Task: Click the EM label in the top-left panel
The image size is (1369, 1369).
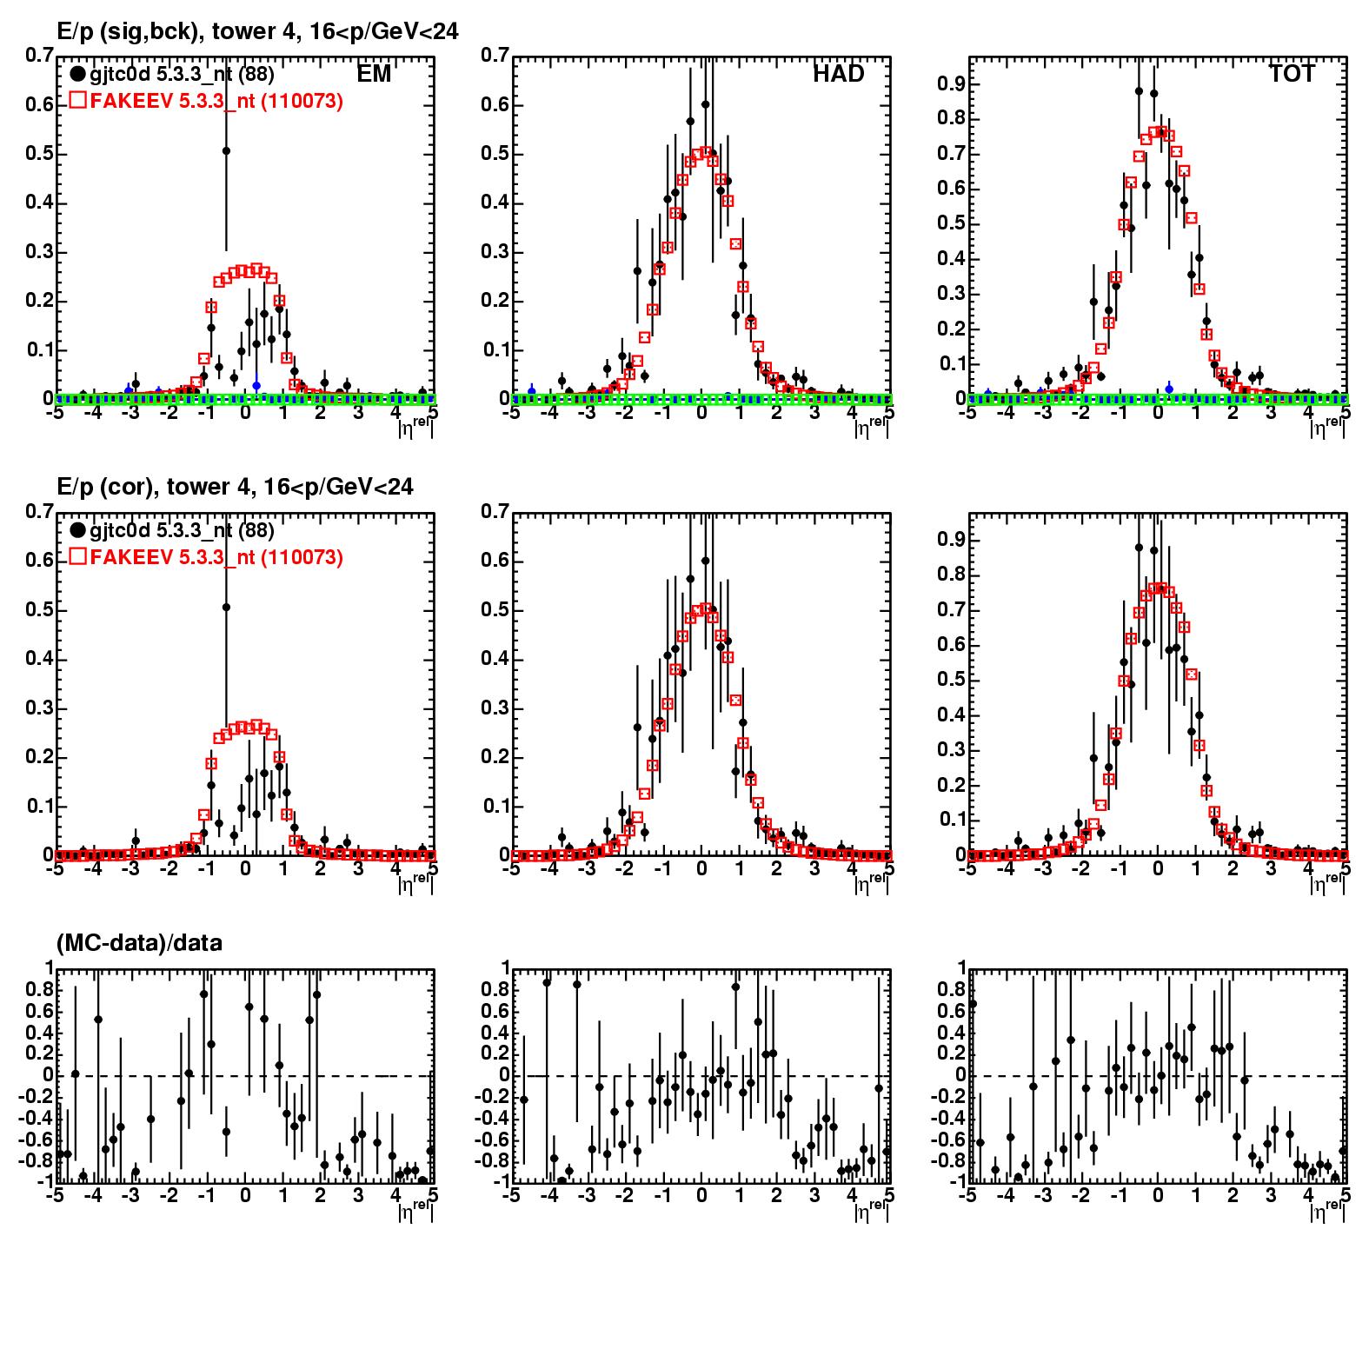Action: click(374, 74)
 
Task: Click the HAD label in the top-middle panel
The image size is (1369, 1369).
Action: click(839, 74)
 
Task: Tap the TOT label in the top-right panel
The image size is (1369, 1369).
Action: click(1292, 74)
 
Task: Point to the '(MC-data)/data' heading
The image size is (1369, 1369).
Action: click(139, 942)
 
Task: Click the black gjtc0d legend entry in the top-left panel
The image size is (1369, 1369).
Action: click(172, 74)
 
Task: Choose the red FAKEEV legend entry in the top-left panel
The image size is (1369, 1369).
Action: click(207, 101)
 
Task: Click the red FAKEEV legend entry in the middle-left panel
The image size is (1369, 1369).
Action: click(207, 556)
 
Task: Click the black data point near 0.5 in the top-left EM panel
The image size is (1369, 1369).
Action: click(226, 150)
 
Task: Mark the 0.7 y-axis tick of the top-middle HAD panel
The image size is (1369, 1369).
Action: click(495, 56)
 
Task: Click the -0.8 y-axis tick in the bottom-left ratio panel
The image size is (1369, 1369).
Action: click(37, 1160)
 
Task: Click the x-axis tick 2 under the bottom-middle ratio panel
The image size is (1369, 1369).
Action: click(777, 1196)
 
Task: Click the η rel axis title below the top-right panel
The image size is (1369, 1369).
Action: click(1326, 427)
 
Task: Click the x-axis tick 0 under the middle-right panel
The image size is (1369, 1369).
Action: click(1157, 869)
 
